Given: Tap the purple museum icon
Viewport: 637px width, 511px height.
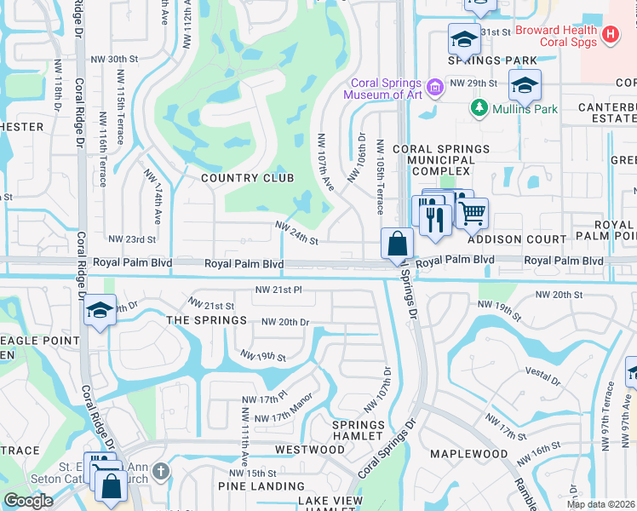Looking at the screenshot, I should click(x=435, y=86).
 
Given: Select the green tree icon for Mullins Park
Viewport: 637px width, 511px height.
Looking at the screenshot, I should click(x=478, y=109).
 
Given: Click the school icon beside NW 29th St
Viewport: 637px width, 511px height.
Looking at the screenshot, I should click(x=524, y=85).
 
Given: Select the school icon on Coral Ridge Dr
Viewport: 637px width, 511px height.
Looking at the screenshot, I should click(x=100, y=311).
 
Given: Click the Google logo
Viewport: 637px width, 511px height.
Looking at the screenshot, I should click(x=28, y=500).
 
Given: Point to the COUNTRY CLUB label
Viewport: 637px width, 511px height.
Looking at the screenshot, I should click(x=247, y=178).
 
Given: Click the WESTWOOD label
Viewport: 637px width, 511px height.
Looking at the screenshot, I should click(x=309, y=449).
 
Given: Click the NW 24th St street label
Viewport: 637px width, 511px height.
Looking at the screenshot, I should click(x=296, y=227).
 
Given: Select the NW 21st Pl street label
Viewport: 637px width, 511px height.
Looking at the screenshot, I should click(x=278, y=290).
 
